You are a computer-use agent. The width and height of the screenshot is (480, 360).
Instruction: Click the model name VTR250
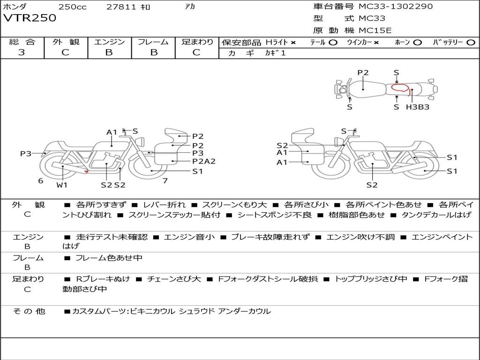coord(30,18)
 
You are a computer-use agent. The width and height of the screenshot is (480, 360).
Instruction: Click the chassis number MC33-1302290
coord(396,6)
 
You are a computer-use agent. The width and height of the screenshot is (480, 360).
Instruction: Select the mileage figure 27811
coord(121,7)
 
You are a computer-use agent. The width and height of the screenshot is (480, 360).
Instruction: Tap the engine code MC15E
coord(375,30)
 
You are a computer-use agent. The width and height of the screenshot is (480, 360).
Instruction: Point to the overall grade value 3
coord(22,52)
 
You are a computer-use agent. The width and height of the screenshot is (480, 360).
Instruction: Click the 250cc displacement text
coord(73,7)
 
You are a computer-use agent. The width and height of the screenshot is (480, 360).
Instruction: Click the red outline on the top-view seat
coord(401,88)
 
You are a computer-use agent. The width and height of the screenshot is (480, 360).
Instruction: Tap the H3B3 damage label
coord(418,107)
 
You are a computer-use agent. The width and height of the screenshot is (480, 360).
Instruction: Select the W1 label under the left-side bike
coord(62,185)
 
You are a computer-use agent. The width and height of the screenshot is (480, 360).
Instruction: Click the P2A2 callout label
coord(204,161)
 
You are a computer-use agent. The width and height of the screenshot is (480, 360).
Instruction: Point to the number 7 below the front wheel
coord(165,180)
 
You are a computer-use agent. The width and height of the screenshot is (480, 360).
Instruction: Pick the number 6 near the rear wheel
coord(41,180)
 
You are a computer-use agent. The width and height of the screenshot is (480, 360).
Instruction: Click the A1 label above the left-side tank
coord(112,132)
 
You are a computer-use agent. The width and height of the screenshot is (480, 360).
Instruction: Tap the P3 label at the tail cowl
coord(26,153)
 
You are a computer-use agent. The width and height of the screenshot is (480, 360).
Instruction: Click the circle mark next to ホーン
coord(417,43)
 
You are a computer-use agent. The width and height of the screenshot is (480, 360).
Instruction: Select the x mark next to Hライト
coord(293,43)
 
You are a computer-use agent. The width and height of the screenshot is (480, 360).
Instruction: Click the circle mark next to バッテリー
coord(471,43)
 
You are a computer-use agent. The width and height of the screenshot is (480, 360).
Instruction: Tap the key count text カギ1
coord(276,53)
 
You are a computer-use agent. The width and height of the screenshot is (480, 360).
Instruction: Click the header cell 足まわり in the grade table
coord(197,42)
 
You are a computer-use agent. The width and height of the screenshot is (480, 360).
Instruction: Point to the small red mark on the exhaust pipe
coord(87,172)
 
